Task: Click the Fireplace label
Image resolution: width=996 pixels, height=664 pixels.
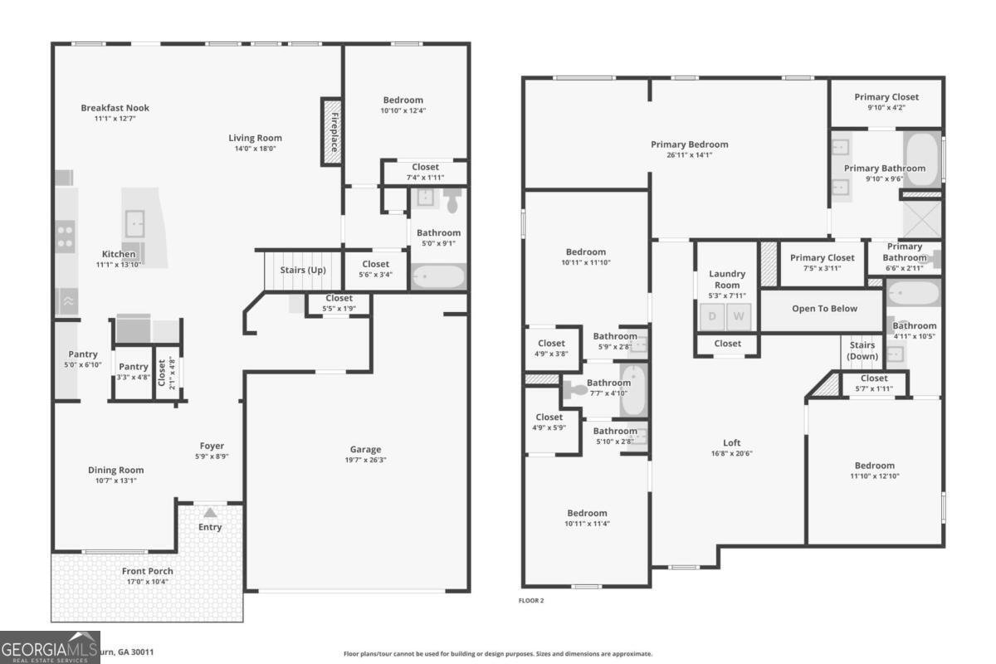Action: pyautogui.click(x=332, y=131)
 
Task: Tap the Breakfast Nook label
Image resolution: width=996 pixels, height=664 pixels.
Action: pyautogui.click(x=115, y=108)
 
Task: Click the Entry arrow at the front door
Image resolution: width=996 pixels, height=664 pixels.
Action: pyautogui.click(x=210, y=513)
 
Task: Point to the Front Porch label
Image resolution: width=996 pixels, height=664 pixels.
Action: pyautogui.click(x=148, y=571)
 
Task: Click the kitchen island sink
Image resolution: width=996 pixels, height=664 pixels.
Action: pyautogui.click(x=135, y=222)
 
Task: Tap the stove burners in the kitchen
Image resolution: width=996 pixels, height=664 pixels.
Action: pyautogui.click(x=65, y=237)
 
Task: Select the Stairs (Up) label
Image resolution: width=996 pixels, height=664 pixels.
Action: pyautogui.click(x=303, y=271)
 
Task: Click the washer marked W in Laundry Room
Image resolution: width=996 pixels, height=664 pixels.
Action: pyautogui.click(x=739, y=316)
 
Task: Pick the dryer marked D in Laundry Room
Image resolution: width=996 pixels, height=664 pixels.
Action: pyautogui.click(x=712, y=316)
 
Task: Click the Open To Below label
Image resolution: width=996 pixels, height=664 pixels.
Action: pyautogui.click(x=824, y=309)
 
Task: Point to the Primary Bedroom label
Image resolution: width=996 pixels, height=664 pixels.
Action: pyautogui.click(x=689, y=144)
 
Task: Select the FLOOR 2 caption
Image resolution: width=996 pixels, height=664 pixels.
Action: pyautogui.click(x=531, y=600)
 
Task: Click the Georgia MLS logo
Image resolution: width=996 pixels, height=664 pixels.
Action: pyautogui.click(x=50, y=647)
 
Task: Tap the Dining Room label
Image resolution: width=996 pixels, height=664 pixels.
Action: pyautogui.click(x=116, y=470)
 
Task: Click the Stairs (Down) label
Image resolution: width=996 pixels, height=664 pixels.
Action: pyautogui.click(x=862, y=350)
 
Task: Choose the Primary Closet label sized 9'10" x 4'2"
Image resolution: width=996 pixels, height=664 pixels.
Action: pyautogui.click(x=886, y=97)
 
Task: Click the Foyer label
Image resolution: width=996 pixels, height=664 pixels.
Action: pyautogui.click(x=212, y=446)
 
